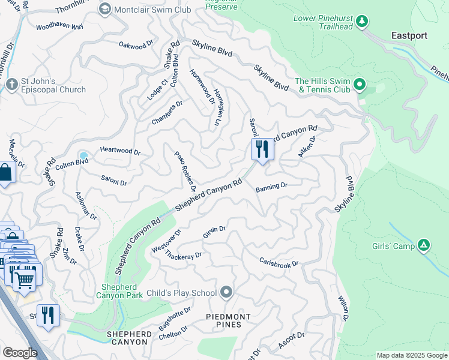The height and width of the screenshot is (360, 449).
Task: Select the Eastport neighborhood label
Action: pyautogui.click(x=409, y=35)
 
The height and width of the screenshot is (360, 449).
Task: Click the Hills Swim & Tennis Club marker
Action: pyautogui.click(x=360, y=84)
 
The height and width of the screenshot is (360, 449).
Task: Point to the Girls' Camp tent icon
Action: pyautogui.click(x=424, y=244)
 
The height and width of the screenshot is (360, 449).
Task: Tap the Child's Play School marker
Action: pyautogui.click(x=226, y=292)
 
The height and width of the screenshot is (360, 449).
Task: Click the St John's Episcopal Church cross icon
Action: pyautogui.click(x=10, y=85)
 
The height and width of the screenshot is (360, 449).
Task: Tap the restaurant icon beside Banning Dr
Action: pyautogui.click(x=262, y=149)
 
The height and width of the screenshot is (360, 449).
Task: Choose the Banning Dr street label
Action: pyautogui.click(x=271, y=187)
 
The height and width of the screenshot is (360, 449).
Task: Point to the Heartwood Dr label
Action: pyautogui.click(x=120, y=152)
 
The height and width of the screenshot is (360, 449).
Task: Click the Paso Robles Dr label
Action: pyautogui.click(x=185, y=171)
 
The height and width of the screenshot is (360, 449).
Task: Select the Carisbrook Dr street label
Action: pyautogui.click(x=279, y=263)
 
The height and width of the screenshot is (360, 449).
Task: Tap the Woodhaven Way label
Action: pyautogui.click(x=59, y=27)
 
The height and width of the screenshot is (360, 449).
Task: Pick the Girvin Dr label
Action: pyautogui.click(x=214, y=232)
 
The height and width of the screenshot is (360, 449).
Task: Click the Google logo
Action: pyautogui.click(x=20, y=352)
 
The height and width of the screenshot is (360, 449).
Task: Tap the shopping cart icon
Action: pyautogui.click(x=24, y=279)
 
